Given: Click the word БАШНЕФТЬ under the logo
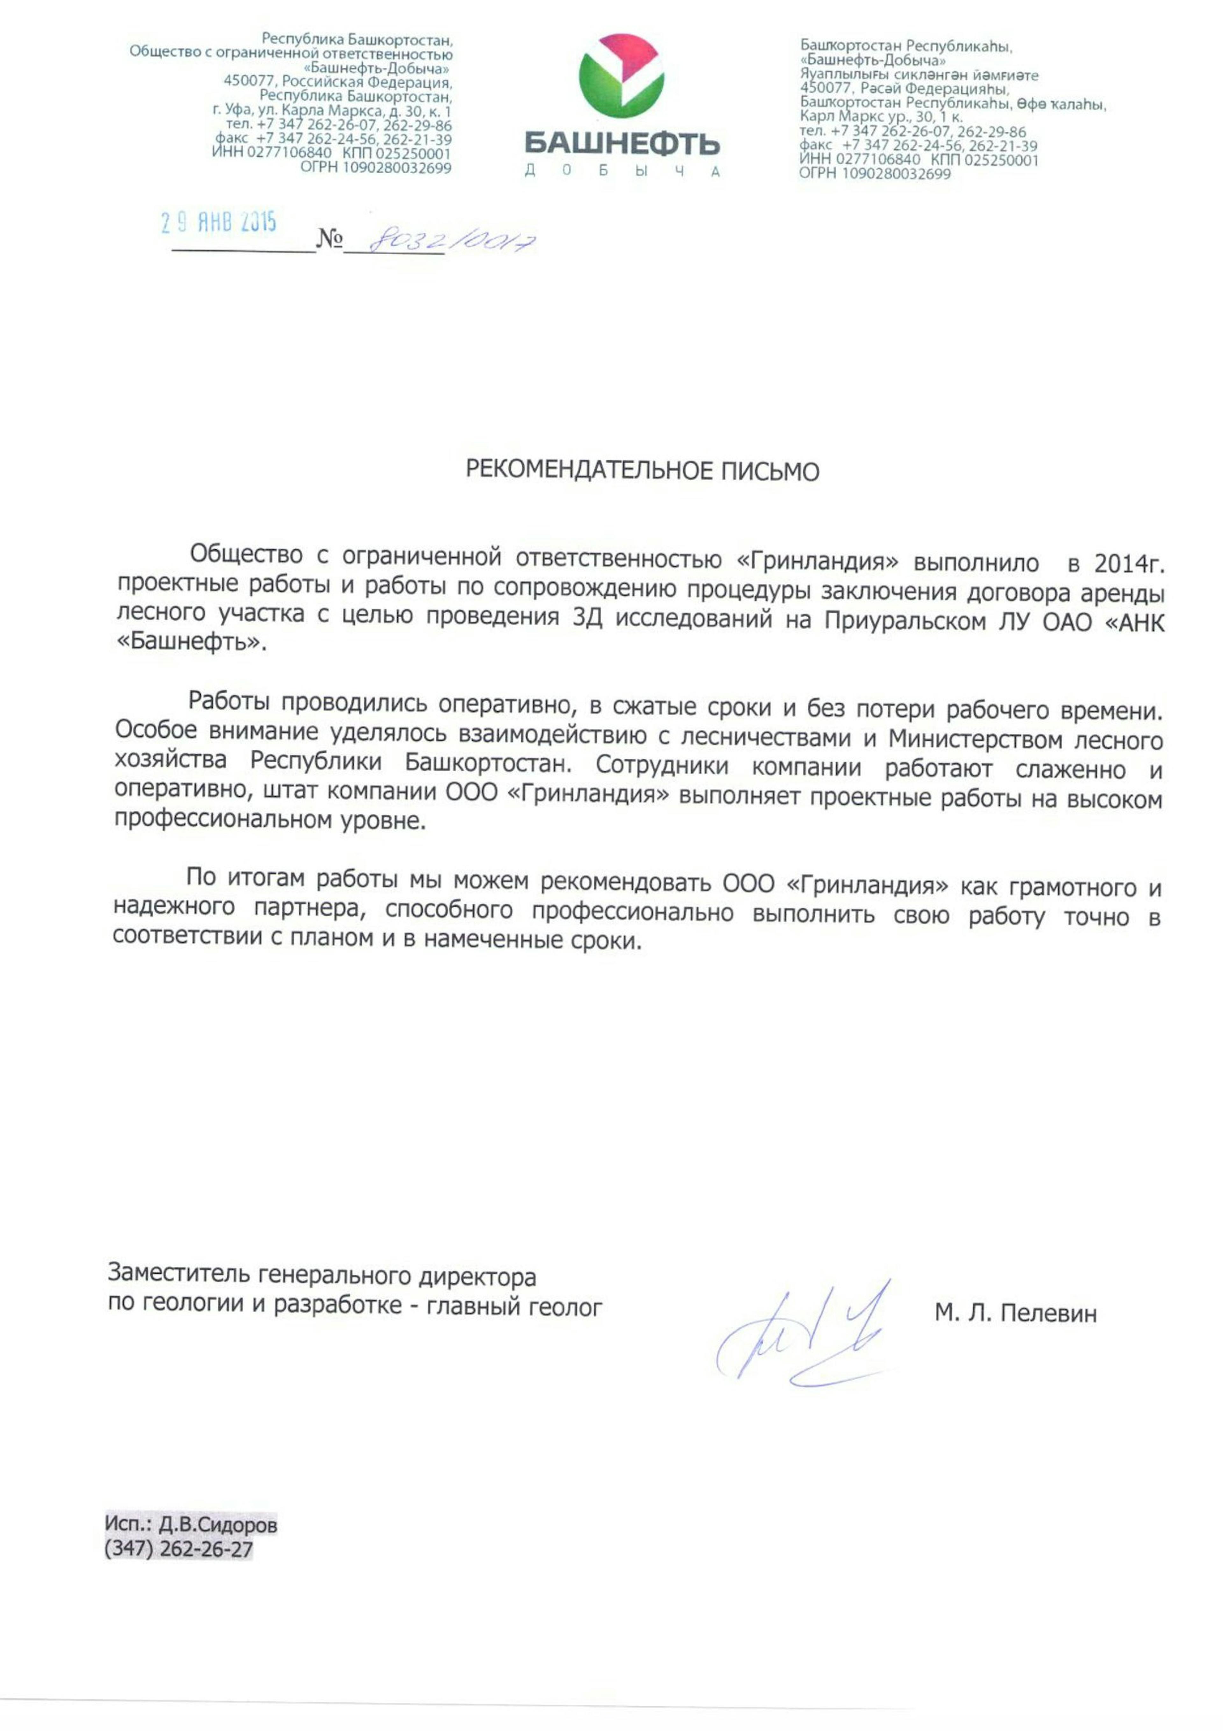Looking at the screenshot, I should tap(622, 143).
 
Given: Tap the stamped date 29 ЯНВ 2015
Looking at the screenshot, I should tap(219, 222).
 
